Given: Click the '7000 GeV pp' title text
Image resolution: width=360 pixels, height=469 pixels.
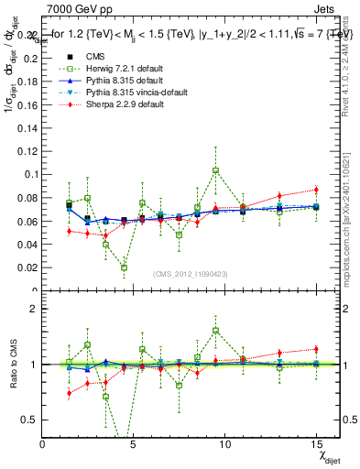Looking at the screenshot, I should pos(75,8).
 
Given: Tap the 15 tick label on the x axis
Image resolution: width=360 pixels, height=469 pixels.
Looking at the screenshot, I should pos(315,443).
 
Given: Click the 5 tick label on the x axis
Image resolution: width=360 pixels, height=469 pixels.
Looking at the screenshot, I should pos(134,443).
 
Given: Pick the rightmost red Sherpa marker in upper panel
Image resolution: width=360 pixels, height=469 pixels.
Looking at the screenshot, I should pos(316,190).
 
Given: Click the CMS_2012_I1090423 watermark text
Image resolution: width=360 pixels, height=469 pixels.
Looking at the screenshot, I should pos(191,275).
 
